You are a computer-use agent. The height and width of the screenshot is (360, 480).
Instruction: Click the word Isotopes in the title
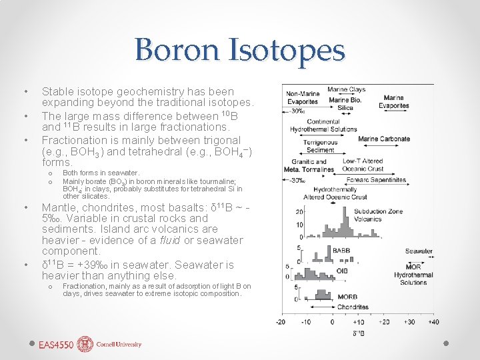tap(287, 50)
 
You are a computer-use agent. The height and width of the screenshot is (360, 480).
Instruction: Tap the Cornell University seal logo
tap(85, 344)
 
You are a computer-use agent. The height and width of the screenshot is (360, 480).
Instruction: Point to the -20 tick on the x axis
tap(281, 322)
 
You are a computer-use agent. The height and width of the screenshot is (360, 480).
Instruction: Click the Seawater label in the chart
tap(419, 251)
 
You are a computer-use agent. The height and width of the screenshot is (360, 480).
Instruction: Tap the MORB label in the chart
tap(345, 297)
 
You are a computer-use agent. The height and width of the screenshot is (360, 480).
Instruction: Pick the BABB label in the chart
tap(341, 251)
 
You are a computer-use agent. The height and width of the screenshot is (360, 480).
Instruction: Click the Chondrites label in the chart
tap(353, 307)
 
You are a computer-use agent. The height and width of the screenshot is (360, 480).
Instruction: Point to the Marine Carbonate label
tap(384, 139)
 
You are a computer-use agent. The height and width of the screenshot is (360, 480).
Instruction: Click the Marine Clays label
tap(346, 90)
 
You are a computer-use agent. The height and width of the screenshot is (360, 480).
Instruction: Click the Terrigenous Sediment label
tap(320, 146)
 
